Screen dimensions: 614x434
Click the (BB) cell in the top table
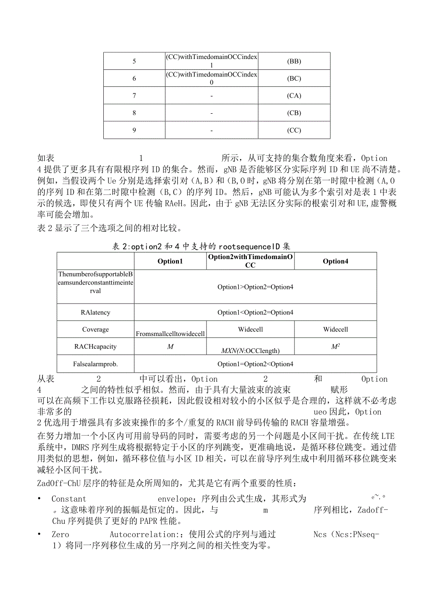click(x=294, y=61)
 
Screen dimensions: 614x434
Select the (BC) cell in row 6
click(x=294, y=79)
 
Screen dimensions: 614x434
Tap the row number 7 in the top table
click(x=134, y=96)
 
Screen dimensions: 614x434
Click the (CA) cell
click(x=294, y=96)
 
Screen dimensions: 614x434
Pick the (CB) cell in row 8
click(x=294, y=113)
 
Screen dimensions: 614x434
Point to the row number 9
click(x=134, y=130)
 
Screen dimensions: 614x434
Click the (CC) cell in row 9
click(x=294, y=130)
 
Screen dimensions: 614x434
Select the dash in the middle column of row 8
click(x=211, y=113)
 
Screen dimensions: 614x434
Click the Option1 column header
click(x=170, y=261)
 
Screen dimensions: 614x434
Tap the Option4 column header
click(x=335, y=261)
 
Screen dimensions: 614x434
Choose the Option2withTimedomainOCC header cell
click(x=250, y=261)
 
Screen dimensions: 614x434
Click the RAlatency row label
click(x=95, y=312)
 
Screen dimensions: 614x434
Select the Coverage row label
click(x=95, y=329)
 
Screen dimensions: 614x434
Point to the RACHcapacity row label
click(x=95, y=346)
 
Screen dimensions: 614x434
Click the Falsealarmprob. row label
click(x=95, y=364)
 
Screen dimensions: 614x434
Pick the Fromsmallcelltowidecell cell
click(x=170, y=334)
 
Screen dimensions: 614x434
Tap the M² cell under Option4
click(x=335, y=346)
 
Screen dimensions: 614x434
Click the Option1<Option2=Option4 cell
click(x=255, y=312)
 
